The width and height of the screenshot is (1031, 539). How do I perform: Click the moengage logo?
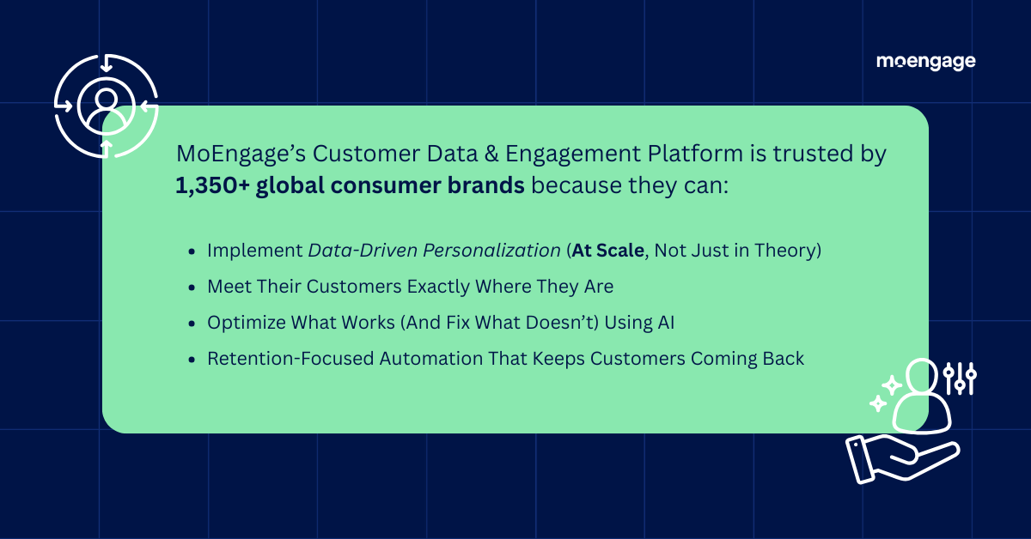coord(925,62)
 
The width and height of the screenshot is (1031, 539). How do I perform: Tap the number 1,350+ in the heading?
coord(213,185)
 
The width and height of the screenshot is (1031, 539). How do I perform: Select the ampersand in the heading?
coord(491,154)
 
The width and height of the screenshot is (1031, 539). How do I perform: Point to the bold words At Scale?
coord(607,251)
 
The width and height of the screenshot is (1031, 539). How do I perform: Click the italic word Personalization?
coord(491,251)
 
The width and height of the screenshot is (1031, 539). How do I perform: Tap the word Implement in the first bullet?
coord(254,251)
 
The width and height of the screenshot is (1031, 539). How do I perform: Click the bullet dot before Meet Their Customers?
coord(192,288)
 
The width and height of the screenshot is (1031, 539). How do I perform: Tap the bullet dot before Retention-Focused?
coord(192,360)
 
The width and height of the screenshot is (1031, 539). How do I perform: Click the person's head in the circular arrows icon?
coord(107,99)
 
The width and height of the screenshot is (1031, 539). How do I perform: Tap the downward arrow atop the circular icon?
coord(107,64)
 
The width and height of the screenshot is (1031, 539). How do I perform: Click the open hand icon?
coord(902,459)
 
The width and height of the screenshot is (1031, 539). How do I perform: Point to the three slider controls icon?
coord(960,379)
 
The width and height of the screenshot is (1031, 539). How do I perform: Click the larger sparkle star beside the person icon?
coord(892,385)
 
